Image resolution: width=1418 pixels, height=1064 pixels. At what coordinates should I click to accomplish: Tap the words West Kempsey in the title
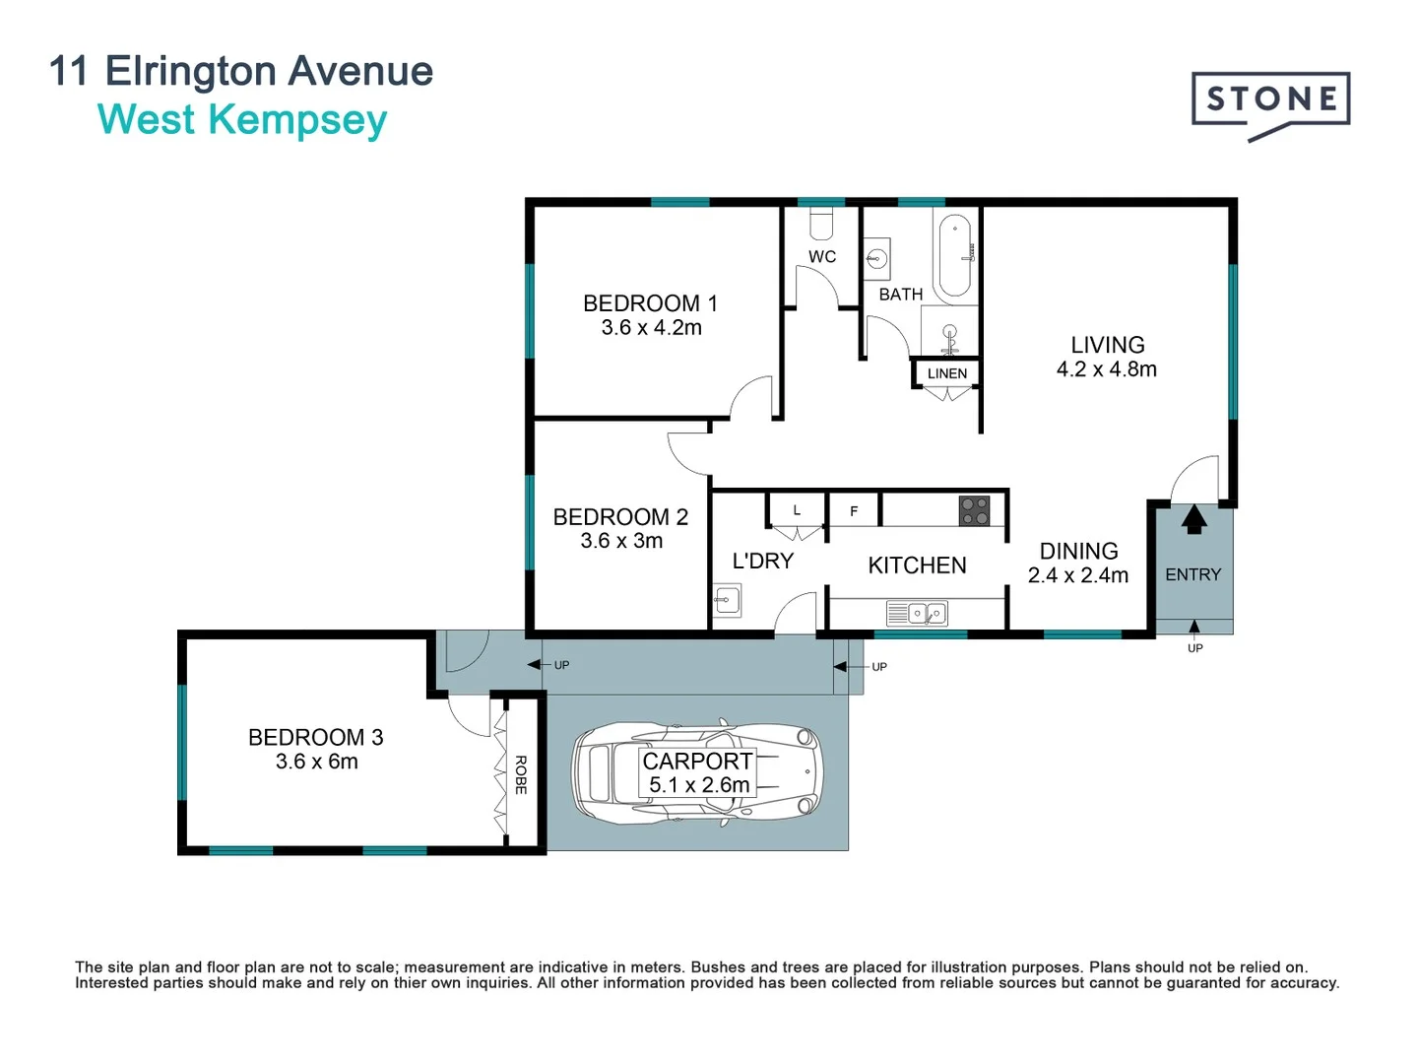pyautogui.click(x=242, y=120)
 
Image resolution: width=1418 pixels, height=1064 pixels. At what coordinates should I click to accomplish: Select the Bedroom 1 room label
pyautogui.click(x=650, y=302)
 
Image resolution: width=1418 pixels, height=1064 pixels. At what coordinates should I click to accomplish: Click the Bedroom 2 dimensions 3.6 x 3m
pyautogui.click(x=621, y=541)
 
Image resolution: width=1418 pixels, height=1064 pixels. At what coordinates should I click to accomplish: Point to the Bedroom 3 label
pyautogui.click(x=315, y=737)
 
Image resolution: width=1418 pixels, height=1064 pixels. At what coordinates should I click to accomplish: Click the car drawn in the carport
pyautogui.click(x=697, y=772)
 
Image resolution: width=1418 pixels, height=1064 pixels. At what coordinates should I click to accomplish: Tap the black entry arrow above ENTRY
pyautogui.click(x=1193, y=518)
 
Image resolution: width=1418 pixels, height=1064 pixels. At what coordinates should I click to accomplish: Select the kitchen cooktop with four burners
pyautogui.click(x=974, y=510)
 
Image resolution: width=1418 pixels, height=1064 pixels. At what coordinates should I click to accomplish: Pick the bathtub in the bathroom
pyautogui.click(x=955, y=254)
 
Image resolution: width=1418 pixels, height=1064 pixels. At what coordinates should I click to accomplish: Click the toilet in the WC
pyautogui.click(x=821, y=225)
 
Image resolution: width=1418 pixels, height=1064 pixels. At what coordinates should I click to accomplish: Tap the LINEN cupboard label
pyautogui.click(x=946, y=373)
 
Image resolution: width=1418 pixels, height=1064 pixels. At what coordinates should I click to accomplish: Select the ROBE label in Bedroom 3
pyautogui.click(x=521, y=774)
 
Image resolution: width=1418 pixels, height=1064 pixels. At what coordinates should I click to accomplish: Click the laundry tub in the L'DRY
pyautogui.click(x=727, y=600)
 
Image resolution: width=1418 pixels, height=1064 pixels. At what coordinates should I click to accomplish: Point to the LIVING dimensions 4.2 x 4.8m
pyautogui.click(x=1106, y=369)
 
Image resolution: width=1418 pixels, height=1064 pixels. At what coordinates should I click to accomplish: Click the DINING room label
pyautogui.click(x=1078, y=551)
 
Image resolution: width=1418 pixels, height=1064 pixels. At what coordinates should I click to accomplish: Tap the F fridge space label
pyautogui.click(x=854, y=511)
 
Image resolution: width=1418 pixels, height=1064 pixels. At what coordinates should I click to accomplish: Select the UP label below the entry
pyautogui.click(x=1194, y=648)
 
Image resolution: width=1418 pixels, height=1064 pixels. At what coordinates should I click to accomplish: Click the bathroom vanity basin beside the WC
pyautogui.click(x=876, y=260)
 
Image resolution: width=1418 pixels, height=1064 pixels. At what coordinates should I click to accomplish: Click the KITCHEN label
pyautogui.click(x=917, y=565)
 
